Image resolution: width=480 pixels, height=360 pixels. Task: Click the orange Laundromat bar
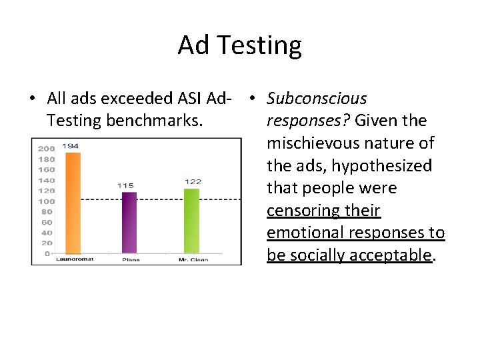click(x=73, y=203)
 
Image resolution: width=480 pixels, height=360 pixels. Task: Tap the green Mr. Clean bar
click(x=191, y=221)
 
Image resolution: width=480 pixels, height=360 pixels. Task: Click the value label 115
click(x=125, y=185)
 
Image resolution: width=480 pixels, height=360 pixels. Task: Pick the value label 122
click(x=192, y=181)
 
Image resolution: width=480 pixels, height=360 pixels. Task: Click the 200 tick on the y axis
click(x=46, y=149)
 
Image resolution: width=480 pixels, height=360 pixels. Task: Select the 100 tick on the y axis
click(x=46, y=201)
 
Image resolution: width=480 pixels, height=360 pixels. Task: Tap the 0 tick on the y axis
click(x=47, y=253)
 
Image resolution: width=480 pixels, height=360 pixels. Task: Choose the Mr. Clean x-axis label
click(x=193, y=260)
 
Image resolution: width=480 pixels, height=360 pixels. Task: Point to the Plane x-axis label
click(x=131, y=260)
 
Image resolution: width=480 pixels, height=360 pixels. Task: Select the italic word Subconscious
click(x=317, y=99)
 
